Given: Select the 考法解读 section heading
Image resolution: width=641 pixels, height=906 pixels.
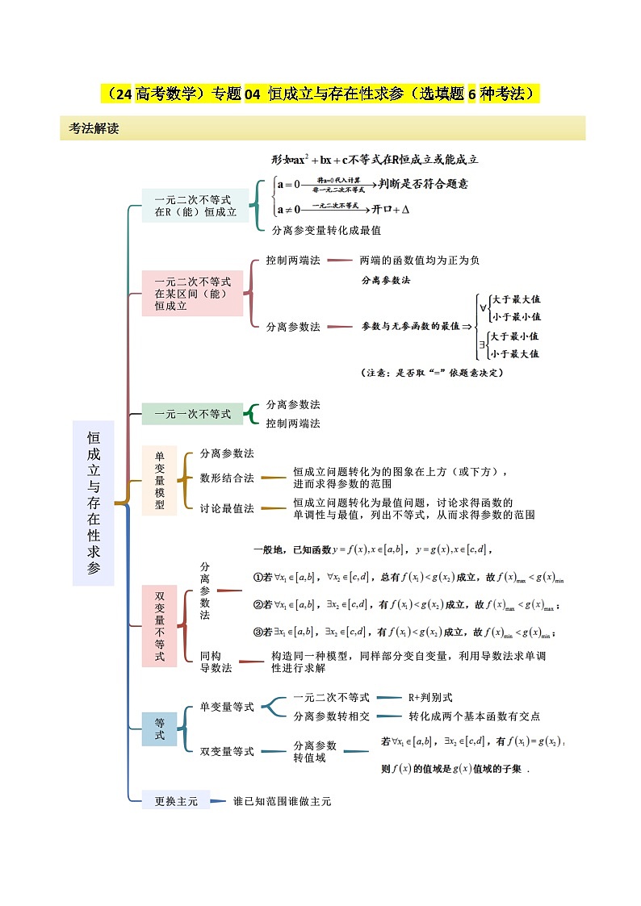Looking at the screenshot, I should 94,128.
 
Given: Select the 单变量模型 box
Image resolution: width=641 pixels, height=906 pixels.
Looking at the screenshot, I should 159,480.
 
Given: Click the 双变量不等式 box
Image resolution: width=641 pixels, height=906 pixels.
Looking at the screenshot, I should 159,626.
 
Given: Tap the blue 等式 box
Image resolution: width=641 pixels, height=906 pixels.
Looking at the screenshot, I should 159,729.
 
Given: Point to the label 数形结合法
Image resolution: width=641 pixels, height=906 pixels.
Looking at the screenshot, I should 227,478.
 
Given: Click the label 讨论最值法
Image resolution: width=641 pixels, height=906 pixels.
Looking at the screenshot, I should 227,508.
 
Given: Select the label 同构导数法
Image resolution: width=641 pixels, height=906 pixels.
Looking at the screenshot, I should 216,662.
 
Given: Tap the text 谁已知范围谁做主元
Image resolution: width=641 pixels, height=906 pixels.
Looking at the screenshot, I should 282,801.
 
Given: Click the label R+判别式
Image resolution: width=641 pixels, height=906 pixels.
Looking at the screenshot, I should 430,697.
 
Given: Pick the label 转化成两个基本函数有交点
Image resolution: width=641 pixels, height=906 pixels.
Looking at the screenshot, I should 474,716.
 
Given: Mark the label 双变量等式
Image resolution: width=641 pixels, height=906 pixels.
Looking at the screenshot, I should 227,751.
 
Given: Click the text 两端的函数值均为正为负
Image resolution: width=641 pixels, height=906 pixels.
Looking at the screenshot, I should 420,261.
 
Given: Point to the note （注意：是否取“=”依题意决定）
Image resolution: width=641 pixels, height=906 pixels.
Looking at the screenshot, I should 432,373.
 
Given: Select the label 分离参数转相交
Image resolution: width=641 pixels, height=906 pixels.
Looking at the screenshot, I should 331,716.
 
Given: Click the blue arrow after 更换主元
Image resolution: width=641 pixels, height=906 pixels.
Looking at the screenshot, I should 218,801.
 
